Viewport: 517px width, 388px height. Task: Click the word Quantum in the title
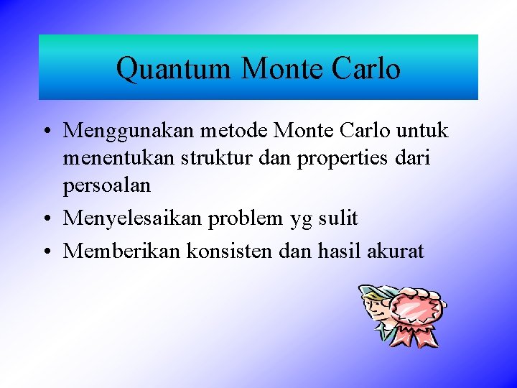pos(174,69)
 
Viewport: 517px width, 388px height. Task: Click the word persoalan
pos(107,186)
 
